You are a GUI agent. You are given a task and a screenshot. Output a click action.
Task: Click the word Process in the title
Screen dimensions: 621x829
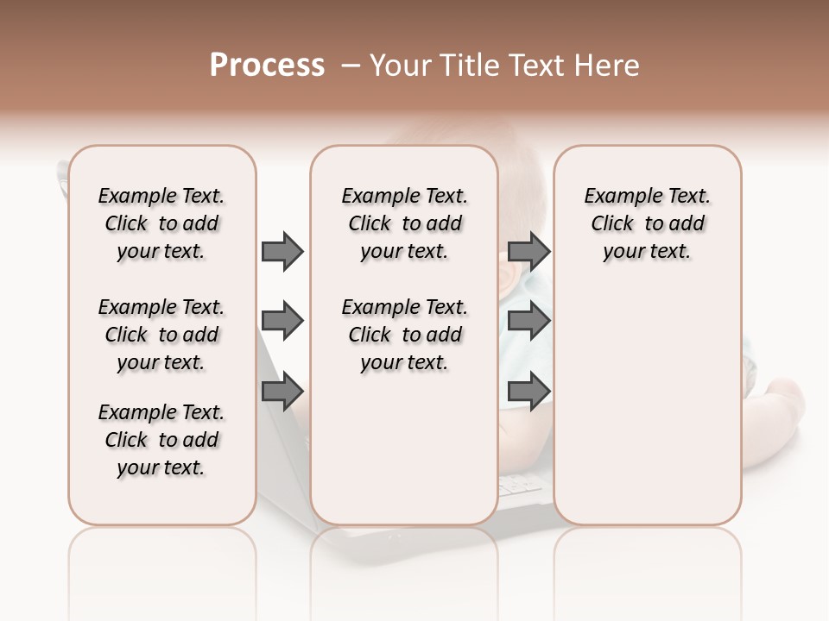coord(267,66)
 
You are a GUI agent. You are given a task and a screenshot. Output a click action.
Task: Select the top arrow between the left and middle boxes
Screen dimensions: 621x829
coord(282,252)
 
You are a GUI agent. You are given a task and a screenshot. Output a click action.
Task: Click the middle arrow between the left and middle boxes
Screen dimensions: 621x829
coord(282,322)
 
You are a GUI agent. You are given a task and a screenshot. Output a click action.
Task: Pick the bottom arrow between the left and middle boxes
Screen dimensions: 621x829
coord(282,392)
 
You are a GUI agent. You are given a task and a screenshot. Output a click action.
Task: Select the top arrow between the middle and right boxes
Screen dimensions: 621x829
coord(528,252)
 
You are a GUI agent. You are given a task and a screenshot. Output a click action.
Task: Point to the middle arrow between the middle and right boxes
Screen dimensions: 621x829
coord(528,322)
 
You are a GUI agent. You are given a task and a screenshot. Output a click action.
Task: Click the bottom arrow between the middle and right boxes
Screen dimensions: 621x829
coord(528,392)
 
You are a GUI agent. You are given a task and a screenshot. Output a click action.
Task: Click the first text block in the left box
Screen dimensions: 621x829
coord(161,223)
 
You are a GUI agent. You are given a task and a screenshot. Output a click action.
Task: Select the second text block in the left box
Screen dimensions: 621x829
coord(161,335)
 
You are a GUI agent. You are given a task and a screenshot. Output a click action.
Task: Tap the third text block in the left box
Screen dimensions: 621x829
coord(161,440)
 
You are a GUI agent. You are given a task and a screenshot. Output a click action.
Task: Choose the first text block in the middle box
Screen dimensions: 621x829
coord(404,223)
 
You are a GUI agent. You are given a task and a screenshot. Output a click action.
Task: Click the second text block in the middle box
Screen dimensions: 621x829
coord(404,335)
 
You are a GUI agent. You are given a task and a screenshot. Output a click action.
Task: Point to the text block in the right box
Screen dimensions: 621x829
coord(648,223)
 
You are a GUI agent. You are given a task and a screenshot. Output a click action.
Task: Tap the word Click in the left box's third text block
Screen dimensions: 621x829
coord(126,440)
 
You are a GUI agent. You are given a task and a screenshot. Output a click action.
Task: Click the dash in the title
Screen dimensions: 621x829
coord(351,66)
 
